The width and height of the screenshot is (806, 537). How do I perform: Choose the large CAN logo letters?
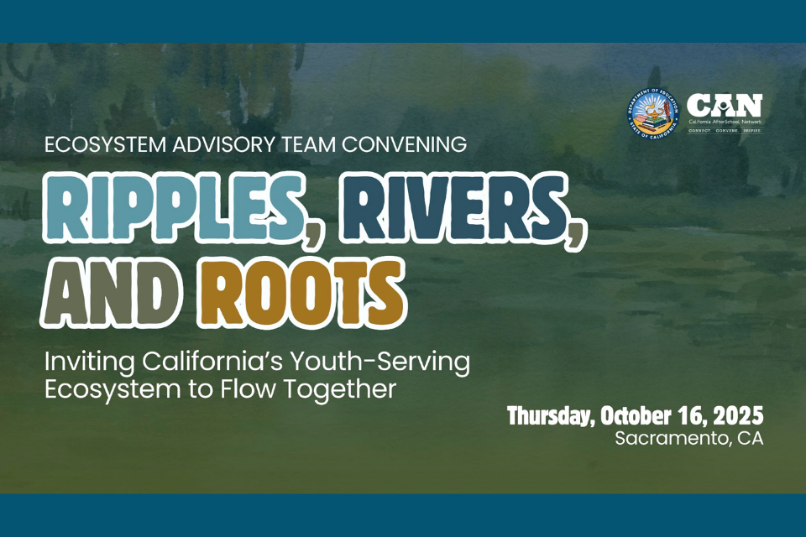click(x=725, y=106)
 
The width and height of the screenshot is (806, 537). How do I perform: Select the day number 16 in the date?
click(x=696, y=416)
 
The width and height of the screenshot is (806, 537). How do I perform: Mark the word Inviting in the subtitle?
click(x=83, y=363)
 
